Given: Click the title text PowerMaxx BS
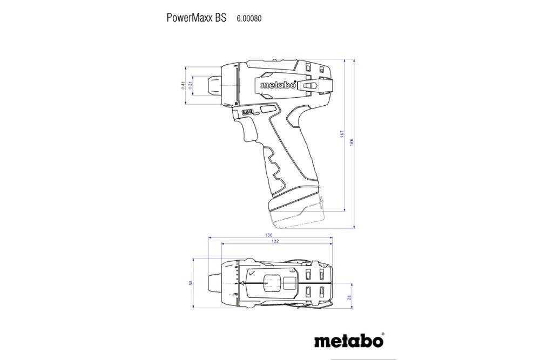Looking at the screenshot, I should click(x=196, y=18).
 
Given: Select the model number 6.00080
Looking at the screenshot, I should click(x=249, y=18).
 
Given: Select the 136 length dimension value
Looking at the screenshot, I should click(x=268, y=235).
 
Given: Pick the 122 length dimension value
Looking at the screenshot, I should click(x=275, y=241).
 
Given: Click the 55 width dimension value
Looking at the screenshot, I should click(x=191, y=283).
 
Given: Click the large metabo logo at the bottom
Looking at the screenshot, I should click(x=349, y=341).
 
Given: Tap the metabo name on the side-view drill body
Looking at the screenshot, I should click(x=278, y=85).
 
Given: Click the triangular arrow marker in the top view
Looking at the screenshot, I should click(x=248, y=283).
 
